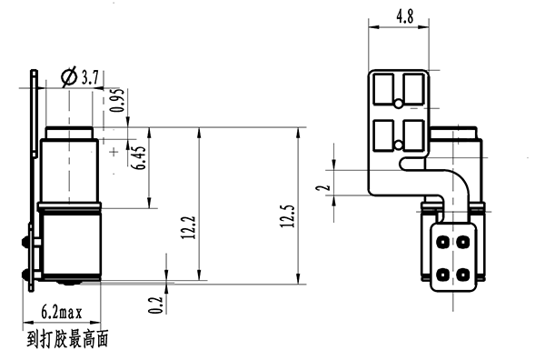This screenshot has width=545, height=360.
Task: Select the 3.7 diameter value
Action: pyautogui.click(x=90, y=78)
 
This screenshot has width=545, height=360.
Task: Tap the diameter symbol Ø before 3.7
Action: pyautogui.click(x=69, y=78)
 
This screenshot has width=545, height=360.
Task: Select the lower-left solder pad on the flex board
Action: pyautogui.click(x=385, y=135)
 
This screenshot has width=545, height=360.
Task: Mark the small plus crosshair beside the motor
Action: pyautogui.click(x=114, y=151)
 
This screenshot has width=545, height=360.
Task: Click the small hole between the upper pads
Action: pyautogui.click(x=400, y=144)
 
